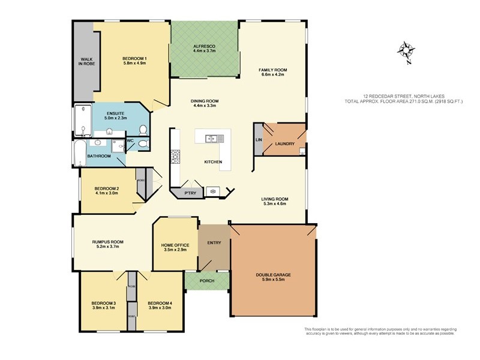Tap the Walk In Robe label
click(x=85, y=61)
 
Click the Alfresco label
click(x=204, y=46)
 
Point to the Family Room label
click(x=271, y=70)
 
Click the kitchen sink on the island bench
click(x=211, y=139)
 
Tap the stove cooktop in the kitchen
click(x=176, y=157)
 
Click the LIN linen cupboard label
click(x=258, y=140)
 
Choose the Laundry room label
click(x=284, y=144)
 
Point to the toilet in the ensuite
click(x=143, y=130)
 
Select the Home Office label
click(x=175, y=245)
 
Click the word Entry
click(x=214, y=243)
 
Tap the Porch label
click(x=206, y=281)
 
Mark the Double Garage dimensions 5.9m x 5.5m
click(x=274, y=280)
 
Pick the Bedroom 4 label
click(x=160, y=303)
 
